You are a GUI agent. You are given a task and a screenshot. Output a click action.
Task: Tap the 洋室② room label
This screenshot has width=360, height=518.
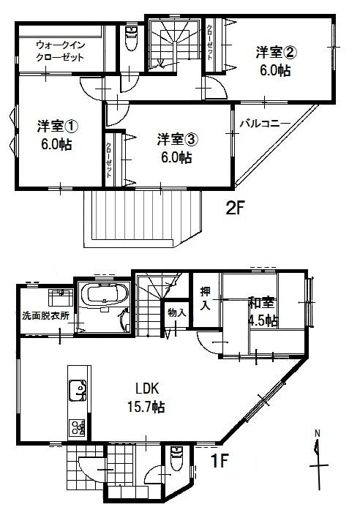(276, 53)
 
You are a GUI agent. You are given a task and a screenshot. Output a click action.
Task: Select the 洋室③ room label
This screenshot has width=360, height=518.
(173, 139)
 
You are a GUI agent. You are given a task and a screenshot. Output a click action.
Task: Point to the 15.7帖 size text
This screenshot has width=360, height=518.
(144, 406)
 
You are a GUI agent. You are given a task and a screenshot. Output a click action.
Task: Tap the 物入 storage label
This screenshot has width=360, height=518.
(176, 312)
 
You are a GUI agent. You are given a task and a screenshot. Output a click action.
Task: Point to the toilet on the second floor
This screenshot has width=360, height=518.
(132, 39)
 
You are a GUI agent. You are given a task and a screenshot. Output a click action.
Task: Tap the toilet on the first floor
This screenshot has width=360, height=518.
(176, 459)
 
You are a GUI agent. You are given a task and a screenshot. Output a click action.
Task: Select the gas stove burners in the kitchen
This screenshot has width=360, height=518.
(78, 427)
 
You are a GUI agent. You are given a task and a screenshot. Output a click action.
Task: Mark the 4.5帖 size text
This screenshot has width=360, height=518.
(262, 320)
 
